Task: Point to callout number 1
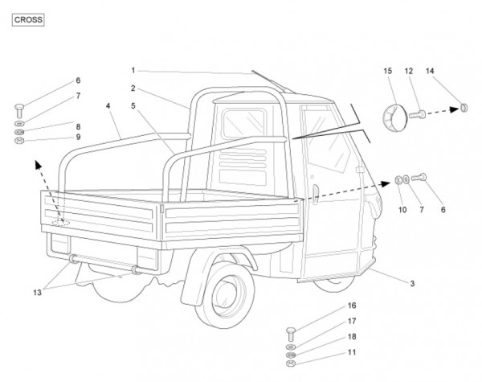(x=133, y=70)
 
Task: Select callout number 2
(x=133, y=88)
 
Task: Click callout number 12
(x=408, y=72)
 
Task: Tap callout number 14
(x=430, y=72)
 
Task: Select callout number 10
(x=402, y=211)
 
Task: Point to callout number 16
(x=351, y=306)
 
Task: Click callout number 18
(x=351, y=337)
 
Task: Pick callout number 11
(x=351, y=352)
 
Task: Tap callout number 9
(x=78, y=137)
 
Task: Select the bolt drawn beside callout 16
(x=291, y=333)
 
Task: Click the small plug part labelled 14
(x=464, y=106)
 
